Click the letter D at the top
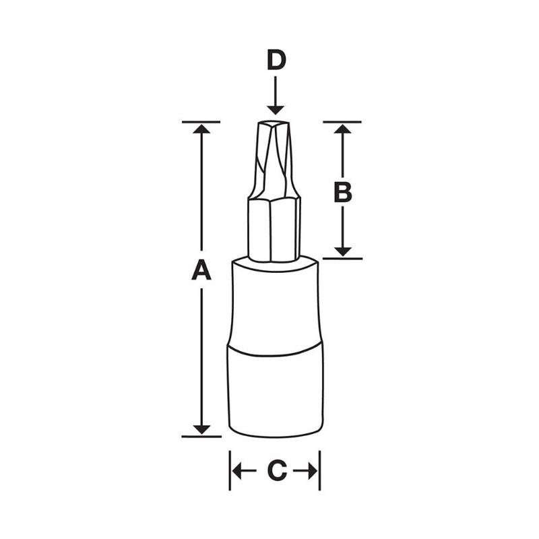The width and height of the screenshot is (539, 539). [x=276, y=61]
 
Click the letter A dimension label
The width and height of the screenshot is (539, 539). [x=201, y=271]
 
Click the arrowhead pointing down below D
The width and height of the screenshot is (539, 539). [x=275, y=108]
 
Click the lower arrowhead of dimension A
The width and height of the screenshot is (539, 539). [x=201, y=429]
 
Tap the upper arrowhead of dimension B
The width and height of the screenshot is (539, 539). [x=343, y=129]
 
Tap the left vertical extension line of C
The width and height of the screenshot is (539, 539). [x=230, y=470]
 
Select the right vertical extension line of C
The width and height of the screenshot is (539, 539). [x=319, y=470]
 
